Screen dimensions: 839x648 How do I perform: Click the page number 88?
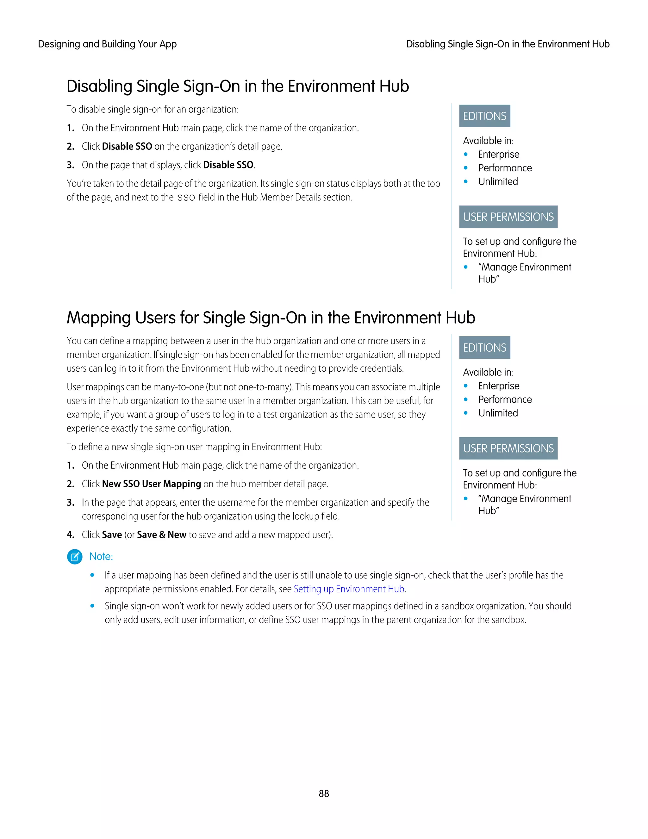pyautogui.click(x=324, y=793)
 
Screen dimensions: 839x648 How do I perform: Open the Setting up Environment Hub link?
pyautogui.click(x=349, y=589)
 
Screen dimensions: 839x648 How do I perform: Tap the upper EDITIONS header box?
pyautogui.click(x=484, y=116)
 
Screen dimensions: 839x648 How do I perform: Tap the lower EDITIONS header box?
pyautogui.click(x=484, y=348)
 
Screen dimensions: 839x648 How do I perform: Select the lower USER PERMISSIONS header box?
pyautogui.click(x=508, y=448)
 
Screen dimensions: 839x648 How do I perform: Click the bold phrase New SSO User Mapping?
pyautogui.click(x=151, y=484)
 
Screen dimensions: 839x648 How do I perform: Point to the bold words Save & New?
pyautogui.click(x=161, y=534)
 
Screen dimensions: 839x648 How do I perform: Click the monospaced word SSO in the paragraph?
pyautogui.click(x=186, y=198)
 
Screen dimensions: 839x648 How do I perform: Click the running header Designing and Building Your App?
pyautogui.click(x=107, y=44)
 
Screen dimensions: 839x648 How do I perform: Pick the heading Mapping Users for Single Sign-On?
pyautogui.click(x=271, y=318)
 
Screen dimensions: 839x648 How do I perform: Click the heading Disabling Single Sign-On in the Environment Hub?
pyautogui.click(x=238, y=86)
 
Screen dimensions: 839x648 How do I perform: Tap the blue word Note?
pyautogui.click(x=101, y=556)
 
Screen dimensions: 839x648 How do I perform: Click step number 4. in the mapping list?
pyautogui.click(x=71, y=535)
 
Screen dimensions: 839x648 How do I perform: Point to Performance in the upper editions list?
pyautogui.click(x=504, y=168)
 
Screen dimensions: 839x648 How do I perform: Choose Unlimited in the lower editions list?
pyautogui.click(x=498, y=413)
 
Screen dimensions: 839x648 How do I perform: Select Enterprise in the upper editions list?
pyautogui.click(x=498, y=155)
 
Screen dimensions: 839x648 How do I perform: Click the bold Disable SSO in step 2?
pyautogui.click(x=127, y=146)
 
